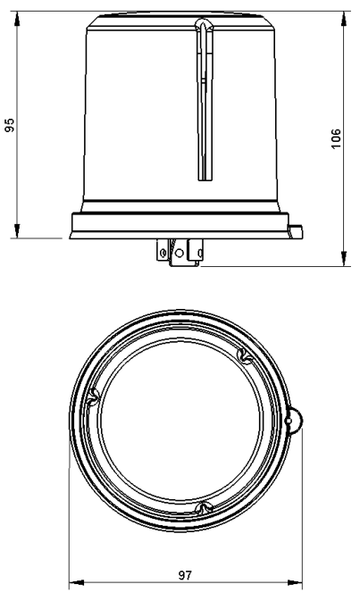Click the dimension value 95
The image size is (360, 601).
[x=10, y=125]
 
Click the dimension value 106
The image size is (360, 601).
[x=336, y=138]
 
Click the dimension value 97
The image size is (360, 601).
[x=185, y=575]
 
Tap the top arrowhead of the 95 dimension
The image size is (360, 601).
[x=17, y=19]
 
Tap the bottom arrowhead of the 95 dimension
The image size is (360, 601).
[x=17, y=230]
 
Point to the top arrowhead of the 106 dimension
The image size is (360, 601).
[x=344, y=19]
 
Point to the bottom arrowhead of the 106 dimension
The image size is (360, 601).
[x=344, y=258]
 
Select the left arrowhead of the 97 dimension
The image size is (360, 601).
[x=76, y=582]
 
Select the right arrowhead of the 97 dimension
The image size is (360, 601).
[x=295, y=582]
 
